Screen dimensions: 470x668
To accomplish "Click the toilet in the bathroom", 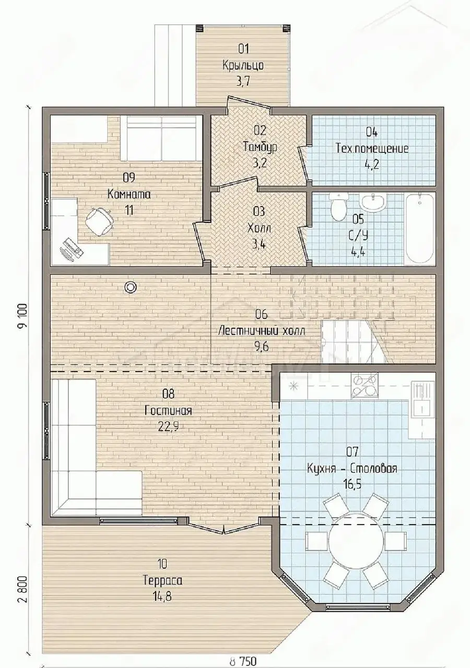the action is click(339, 207).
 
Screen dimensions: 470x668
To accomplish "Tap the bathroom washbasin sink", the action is click(373, 201).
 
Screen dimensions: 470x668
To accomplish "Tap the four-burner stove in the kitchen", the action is click(364, 385).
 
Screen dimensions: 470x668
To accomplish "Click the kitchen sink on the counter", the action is click(421, 400).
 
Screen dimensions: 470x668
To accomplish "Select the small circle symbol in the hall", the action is click(131, 287).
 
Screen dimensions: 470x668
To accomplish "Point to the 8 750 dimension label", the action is click(243, 661).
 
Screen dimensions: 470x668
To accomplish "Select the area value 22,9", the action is click(168, 427).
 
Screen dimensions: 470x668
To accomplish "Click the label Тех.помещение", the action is click(372, 148).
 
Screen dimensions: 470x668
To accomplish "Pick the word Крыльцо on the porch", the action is click(243, 65).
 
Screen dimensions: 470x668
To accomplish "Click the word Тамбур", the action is click(260, 147).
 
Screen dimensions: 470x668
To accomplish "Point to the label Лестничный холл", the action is click(262, 331).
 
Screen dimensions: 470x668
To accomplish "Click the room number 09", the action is click(129, 177).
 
